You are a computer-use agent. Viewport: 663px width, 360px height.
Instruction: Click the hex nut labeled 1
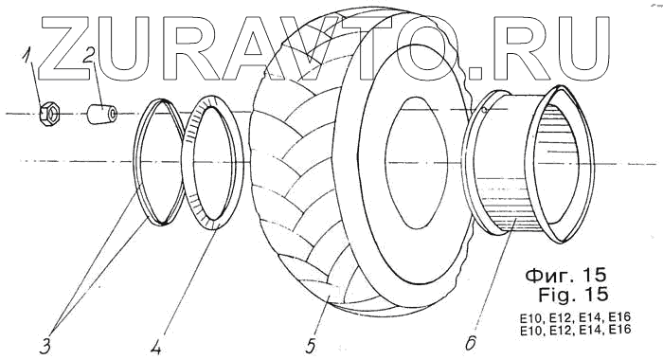pyautogui.click(x=49, y=114)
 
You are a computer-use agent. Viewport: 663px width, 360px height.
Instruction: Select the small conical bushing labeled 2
pyautogui.click(x=102, y=114)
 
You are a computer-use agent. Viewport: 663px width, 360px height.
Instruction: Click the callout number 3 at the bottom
pyautogui.click(x=45, y=346)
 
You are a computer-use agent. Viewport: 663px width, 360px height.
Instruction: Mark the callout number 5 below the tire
pyautogui.click(x=311, y=345)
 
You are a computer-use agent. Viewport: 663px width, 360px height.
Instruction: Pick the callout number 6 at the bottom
pyautogui.click(x=471, y=342)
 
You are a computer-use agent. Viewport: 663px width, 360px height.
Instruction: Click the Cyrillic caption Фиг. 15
pyautogui.click(x=565, y=276)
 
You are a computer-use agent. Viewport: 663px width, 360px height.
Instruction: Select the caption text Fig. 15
pyautogui.click(x=573, y=295)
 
